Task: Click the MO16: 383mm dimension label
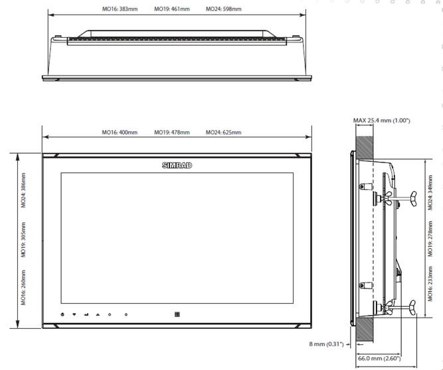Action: point(120,10)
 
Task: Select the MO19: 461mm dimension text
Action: point(171,10)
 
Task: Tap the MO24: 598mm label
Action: point(223,10)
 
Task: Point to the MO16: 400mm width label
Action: point(120,133)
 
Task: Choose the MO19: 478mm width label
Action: point(172,133)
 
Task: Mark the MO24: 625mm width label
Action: point(223,133)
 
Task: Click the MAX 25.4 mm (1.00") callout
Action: point(382,120)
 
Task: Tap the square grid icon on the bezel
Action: point(177,314)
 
